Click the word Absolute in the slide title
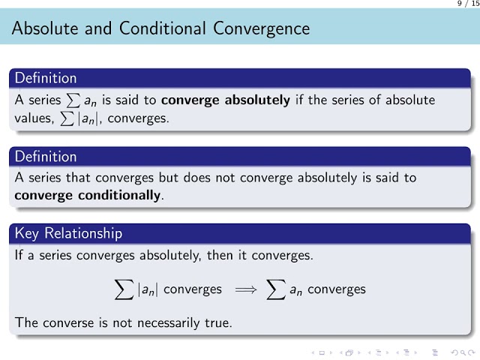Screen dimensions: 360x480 click(x=42, y=29)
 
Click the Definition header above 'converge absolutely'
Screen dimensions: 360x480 click(x=46, y=78)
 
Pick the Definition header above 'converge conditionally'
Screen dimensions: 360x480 click(x=46, y=157)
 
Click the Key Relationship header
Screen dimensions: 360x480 click(x=68, y=234)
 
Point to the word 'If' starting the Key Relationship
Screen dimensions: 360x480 click(x=19, y=255)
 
